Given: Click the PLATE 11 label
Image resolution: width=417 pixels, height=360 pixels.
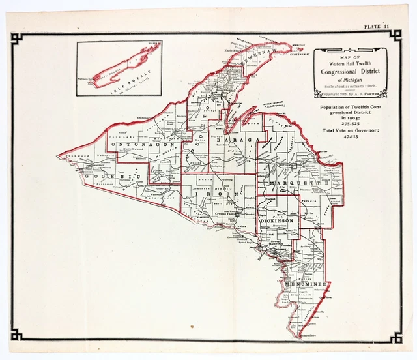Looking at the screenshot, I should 376,26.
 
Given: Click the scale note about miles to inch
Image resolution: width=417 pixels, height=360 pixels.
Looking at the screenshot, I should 350,87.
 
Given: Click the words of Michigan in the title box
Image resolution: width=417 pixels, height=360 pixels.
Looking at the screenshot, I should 350,80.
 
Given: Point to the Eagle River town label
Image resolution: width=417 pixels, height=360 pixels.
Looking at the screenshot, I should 233,50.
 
